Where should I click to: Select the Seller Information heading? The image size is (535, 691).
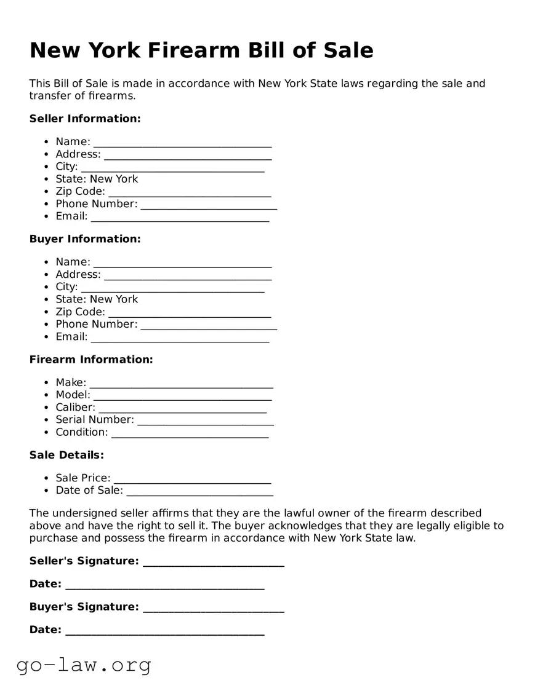(x=85, y=118)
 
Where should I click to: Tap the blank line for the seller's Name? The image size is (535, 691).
(x=182, y=143)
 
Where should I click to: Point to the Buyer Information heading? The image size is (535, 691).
(x=85, y=239)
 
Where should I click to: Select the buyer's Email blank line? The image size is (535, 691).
(x=180, y=338)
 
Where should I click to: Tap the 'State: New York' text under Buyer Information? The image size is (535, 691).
(x=97, y=299)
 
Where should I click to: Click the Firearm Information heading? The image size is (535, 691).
(x=91, y=359)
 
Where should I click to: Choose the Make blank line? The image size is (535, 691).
(x=181, y=384)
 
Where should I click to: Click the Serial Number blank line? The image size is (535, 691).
(x=206, y=421)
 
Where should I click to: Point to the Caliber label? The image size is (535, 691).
(x=75, y=407)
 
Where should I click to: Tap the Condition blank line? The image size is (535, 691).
(x=190, y=434)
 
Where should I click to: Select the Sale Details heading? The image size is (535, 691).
(x=66, y=455)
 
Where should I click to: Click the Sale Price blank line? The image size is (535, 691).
(x=192, y=480)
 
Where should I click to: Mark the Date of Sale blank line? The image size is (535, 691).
(x=199, y=492)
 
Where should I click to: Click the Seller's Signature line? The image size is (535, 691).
(x=213, y=563)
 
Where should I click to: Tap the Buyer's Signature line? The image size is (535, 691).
(x=213, y=609)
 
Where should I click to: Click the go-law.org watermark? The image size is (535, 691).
(x=84, y=665)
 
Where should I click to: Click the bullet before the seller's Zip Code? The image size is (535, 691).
(x=47, y=192)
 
